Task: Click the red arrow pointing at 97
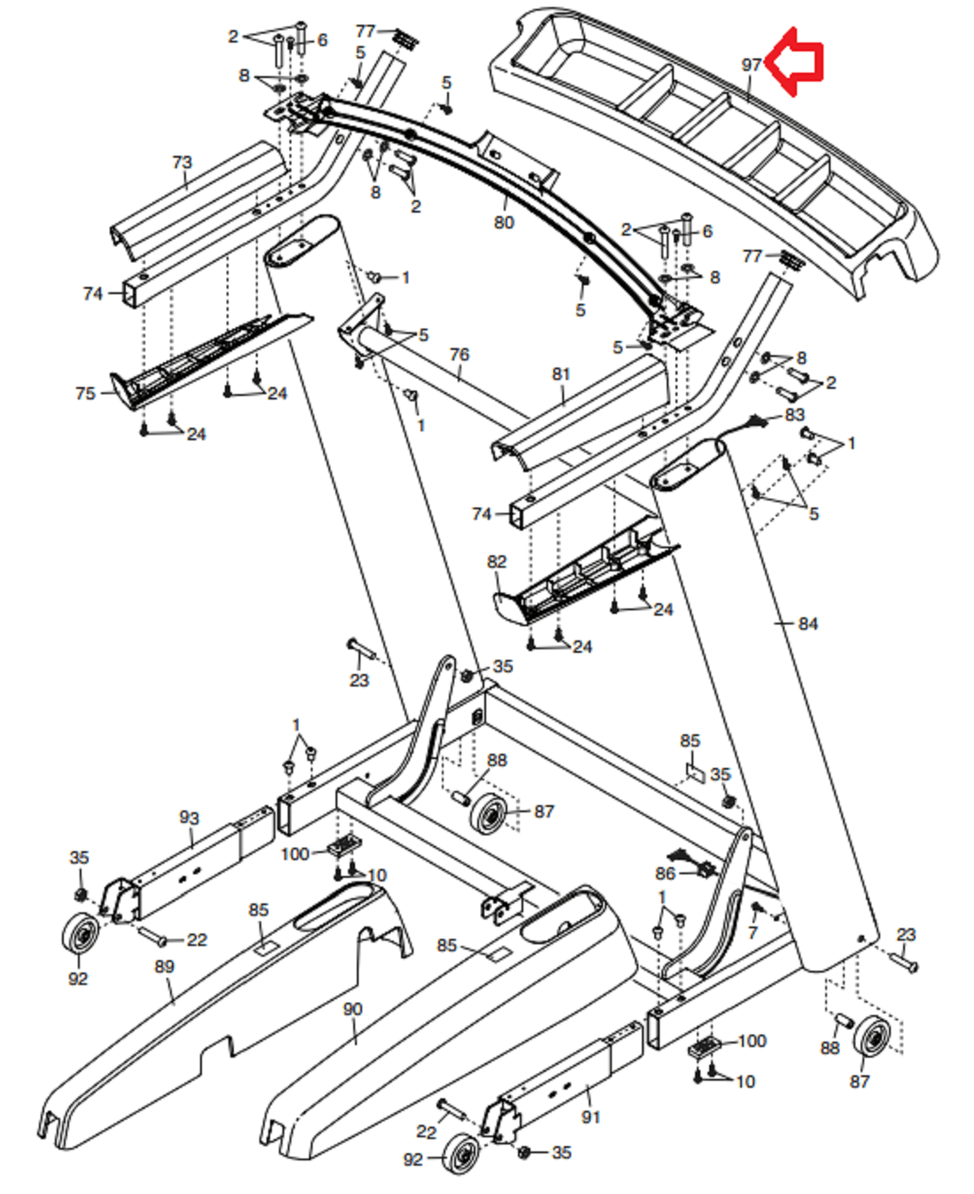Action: coord(793,62)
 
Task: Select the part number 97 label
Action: coord(751,66)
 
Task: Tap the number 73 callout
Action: coord(182,163)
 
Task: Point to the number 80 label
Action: coord(504,222)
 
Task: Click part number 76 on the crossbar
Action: coord(459,355)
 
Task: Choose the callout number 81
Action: coord(560,374)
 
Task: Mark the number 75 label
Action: coord(86,393)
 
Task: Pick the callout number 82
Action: coord(497,562)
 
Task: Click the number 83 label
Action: coord(794,415)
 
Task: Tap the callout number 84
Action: coord(808,624)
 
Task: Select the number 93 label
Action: coord(189,818)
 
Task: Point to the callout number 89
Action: coord(164,966)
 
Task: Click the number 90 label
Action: coord(352,1009)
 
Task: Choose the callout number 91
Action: coord(591,1117)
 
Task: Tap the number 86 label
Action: coord(666,873)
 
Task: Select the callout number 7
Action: coord(753,932)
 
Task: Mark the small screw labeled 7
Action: coord(755,908)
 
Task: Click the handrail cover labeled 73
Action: coord(198,201)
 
